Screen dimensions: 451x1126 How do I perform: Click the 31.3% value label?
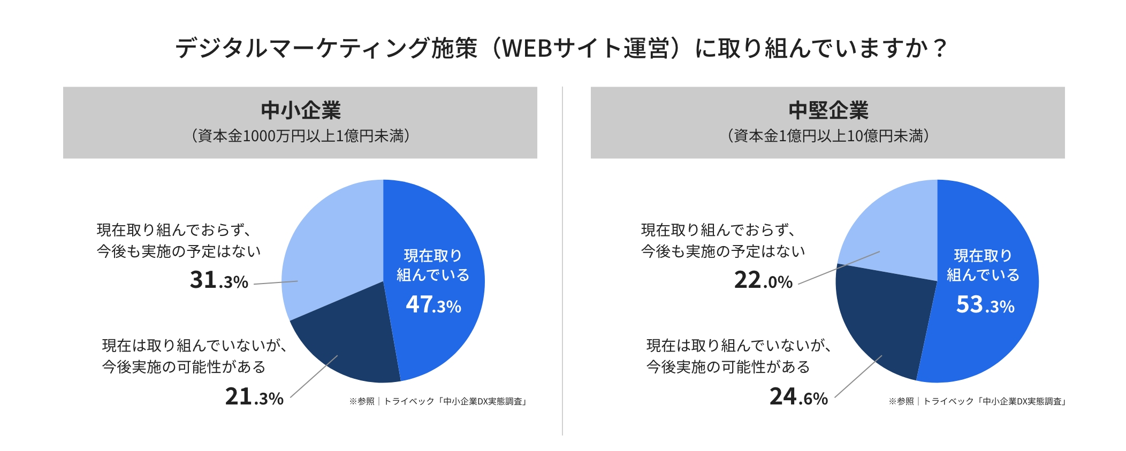[x=219, y=280]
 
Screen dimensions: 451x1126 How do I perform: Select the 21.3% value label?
[x=254, y=397]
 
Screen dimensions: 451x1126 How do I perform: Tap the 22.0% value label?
[x=763, y=280]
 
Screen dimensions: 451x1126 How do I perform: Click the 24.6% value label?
[x=798, y=397]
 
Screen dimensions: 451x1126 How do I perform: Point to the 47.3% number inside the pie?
[x=433, y=305]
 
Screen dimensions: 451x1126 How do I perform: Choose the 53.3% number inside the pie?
[x=985, y=305]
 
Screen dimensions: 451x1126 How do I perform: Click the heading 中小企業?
[x=301, y=110]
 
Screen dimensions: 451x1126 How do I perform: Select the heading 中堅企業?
[x=828, y=110]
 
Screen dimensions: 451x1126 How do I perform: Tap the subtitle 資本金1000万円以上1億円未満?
[x=301, y=136]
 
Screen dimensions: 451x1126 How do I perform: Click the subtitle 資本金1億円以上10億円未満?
[x=828, y=136]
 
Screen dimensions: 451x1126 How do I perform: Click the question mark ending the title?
[x=939, y=48]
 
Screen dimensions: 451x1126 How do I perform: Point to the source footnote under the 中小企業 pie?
[x=438, y=401]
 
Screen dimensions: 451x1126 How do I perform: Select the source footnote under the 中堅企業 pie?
[x=977, y=401]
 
